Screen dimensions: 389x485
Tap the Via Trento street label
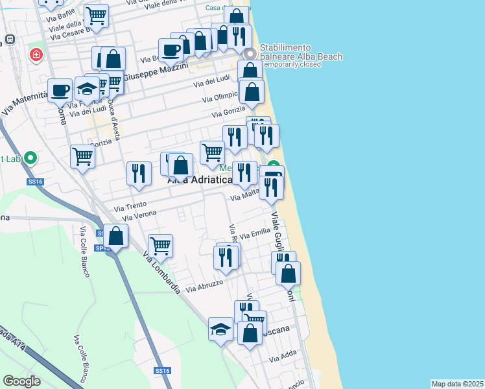(x=130, y=206)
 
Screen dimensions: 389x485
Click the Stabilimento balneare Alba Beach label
(x=301, y=52)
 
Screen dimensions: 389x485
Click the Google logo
(x=21, y=381)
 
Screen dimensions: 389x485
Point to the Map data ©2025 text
(x=457, y=384)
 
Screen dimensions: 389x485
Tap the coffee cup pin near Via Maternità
(x=60, y=90)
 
